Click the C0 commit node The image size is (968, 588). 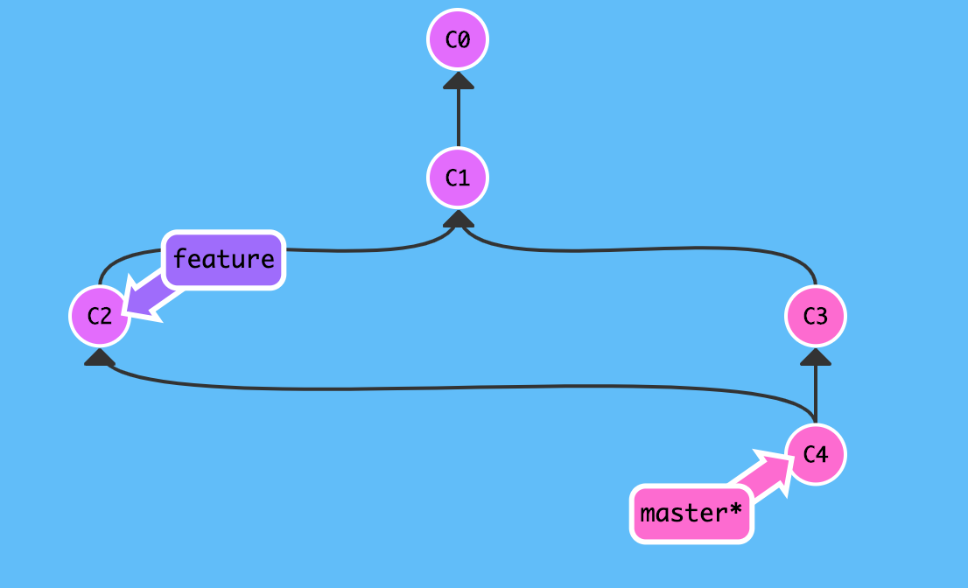point(457,39)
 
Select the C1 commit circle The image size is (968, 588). point(457,178)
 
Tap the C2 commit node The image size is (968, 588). point(101,316)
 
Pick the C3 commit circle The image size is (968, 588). point(815,316)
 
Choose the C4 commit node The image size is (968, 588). point(815,454)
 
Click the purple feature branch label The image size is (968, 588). point(224,260)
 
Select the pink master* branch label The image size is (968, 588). point(691,513)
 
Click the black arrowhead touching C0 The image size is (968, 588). point(458,80)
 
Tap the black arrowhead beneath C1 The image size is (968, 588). point(458,220)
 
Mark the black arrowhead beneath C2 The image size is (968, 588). point(100,357)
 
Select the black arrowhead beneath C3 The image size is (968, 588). point(815,357)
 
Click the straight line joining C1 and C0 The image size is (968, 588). point(458,118)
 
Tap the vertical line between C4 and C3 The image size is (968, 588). point(815,394)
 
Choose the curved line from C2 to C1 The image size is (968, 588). point(368,252)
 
